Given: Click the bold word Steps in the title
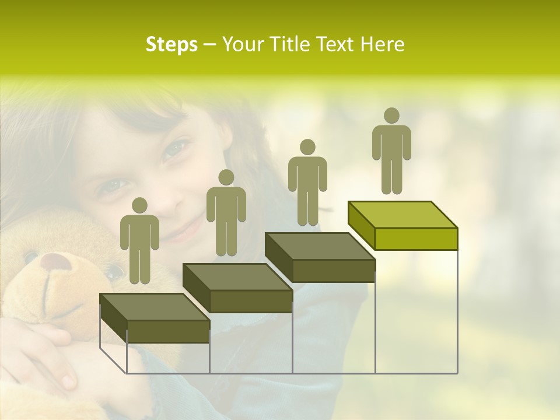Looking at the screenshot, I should point(171,44).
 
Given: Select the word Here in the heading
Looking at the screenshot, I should point(382,44).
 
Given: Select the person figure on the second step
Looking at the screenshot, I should point(226,213).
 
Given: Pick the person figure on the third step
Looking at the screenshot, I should point(307,183).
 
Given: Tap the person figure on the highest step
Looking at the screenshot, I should point(391,152).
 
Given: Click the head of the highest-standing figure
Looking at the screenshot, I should point(391,116).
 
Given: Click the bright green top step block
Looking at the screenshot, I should point(402,225).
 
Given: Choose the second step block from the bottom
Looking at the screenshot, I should point(237,287).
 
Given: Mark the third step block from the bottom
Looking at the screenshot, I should point(320,257).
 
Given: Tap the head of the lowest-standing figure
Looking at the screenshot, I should point(139,205).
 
